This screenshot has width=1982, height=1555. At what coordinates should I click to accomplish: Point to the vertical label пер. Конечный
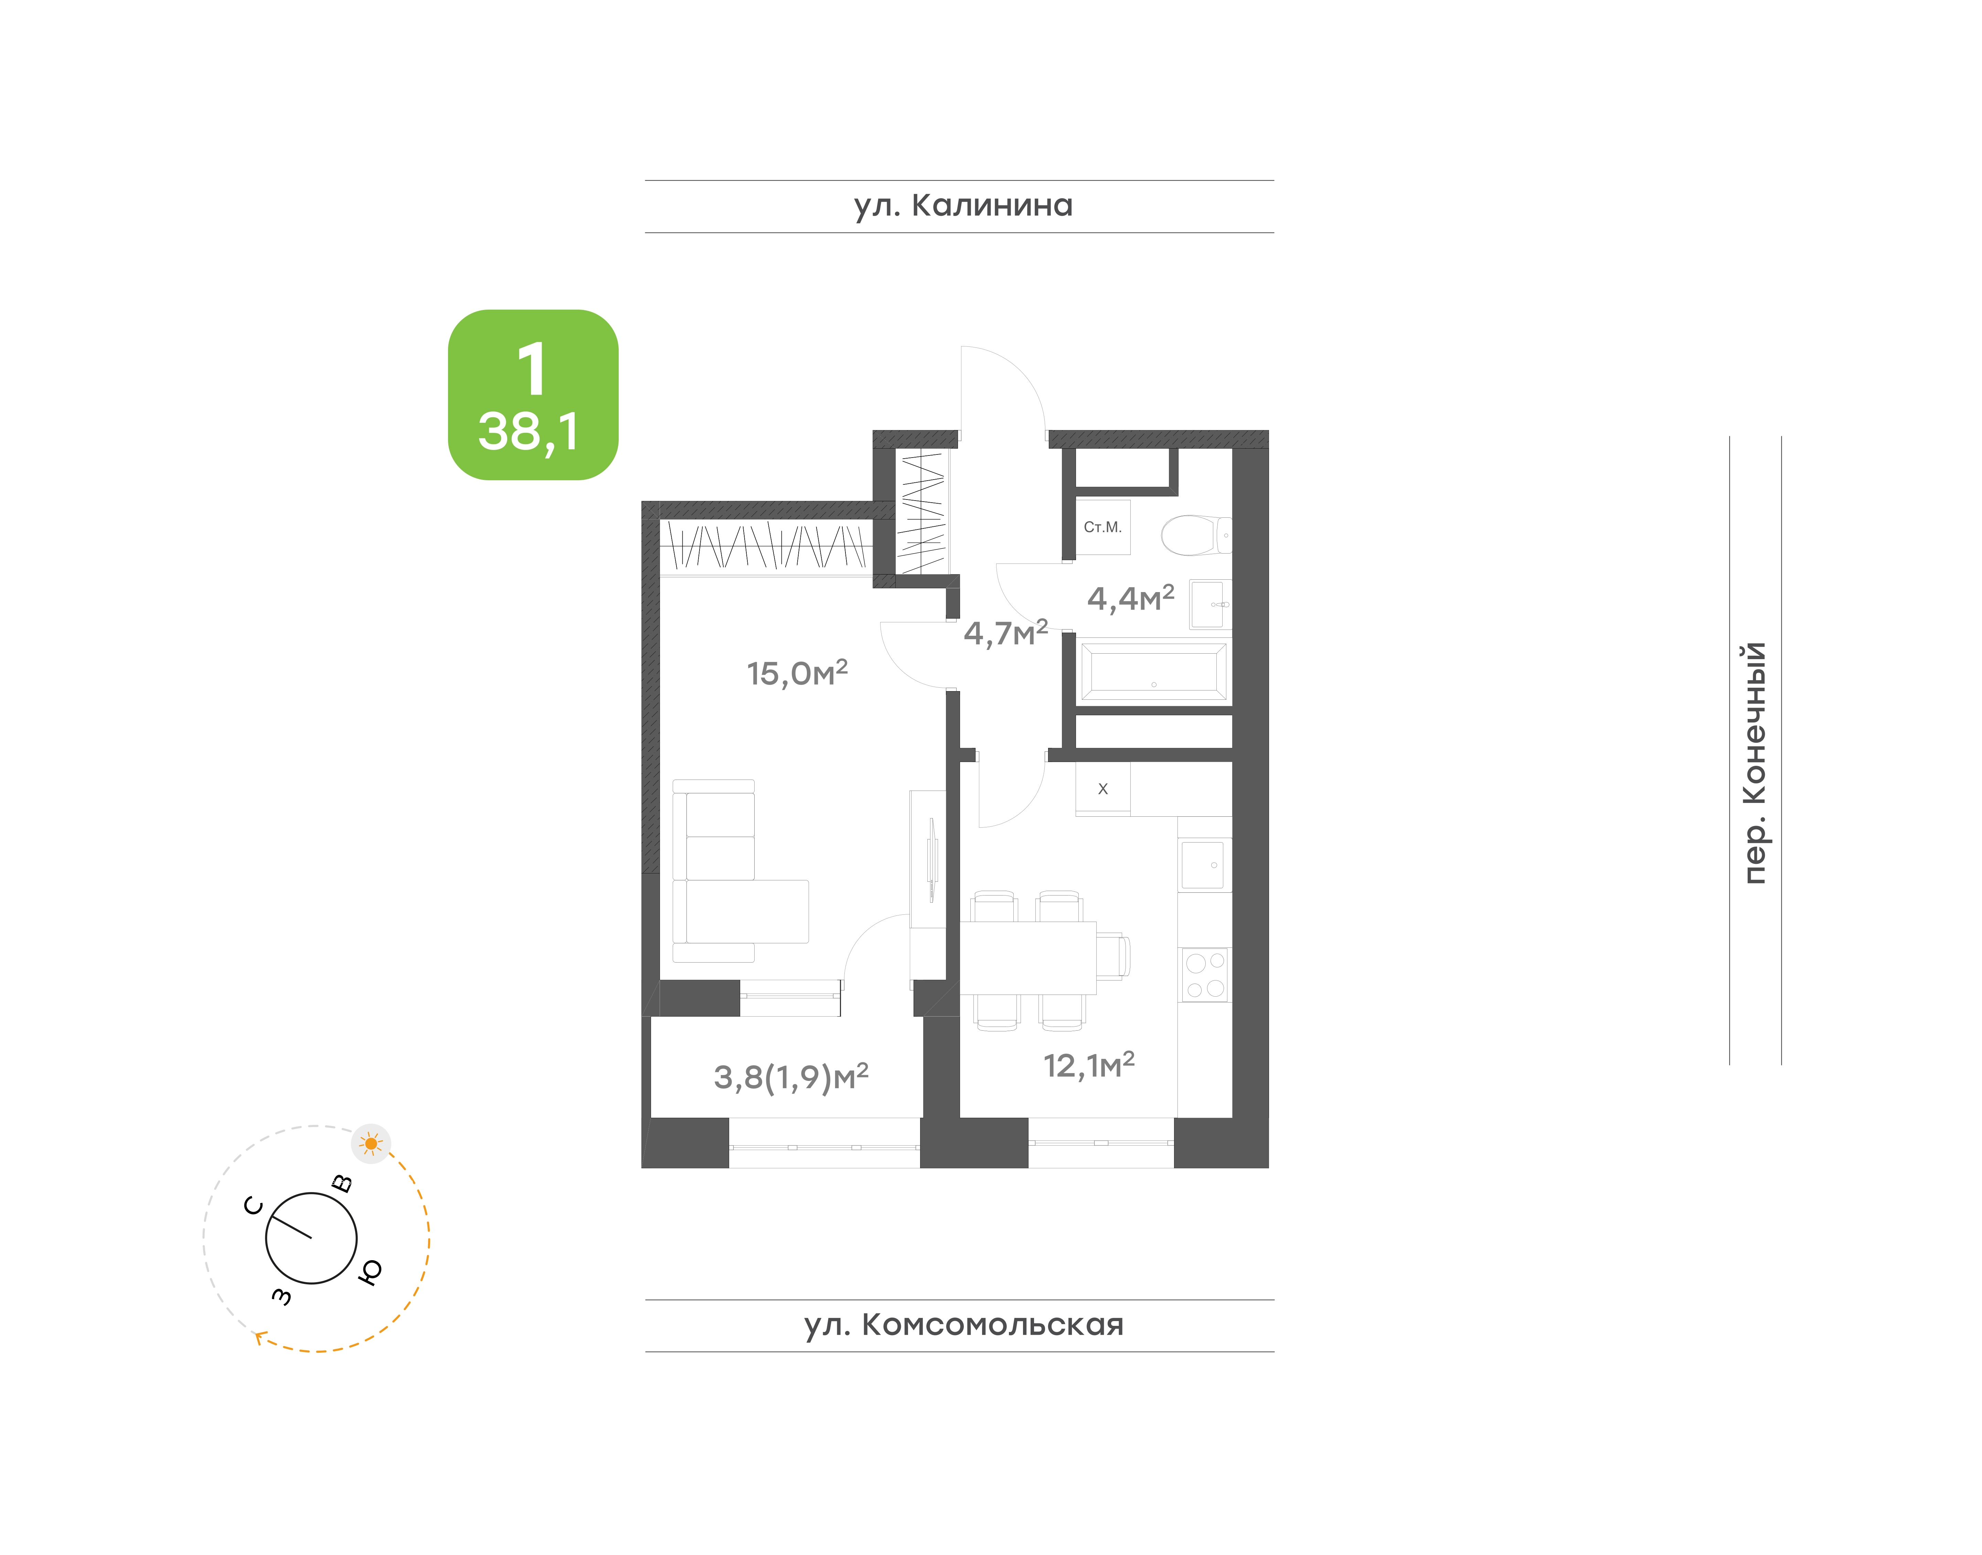pyautogui.click(x=1754, y=763)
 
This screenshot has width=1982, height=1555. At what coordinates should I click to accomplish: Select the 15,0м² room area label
pyautogui.click(x=797, y=673)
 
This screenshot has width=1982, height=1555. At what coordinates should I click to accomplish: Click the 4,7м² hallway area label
pyautogui.click(x=1005, y=633)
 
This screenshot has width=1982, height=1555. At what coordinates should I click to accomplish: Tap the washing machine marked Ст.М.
pyautogui.click(x=1102, y=527)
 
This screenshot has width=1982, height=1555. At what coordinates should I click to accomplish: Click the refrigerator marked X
pyautogui.click(x=1102, y=789)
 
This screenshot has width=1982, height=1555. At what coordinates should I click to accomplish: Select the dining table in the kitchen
pyautogui.click(x=1028, y=958)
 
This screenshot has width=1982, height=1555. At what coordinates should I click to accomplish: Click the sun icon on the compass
pyautogui.click(x=371, y=1144)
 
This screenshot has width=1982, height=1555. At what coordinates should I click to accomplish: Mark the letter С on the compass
pyautogui.click(x=254, y=1206)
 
